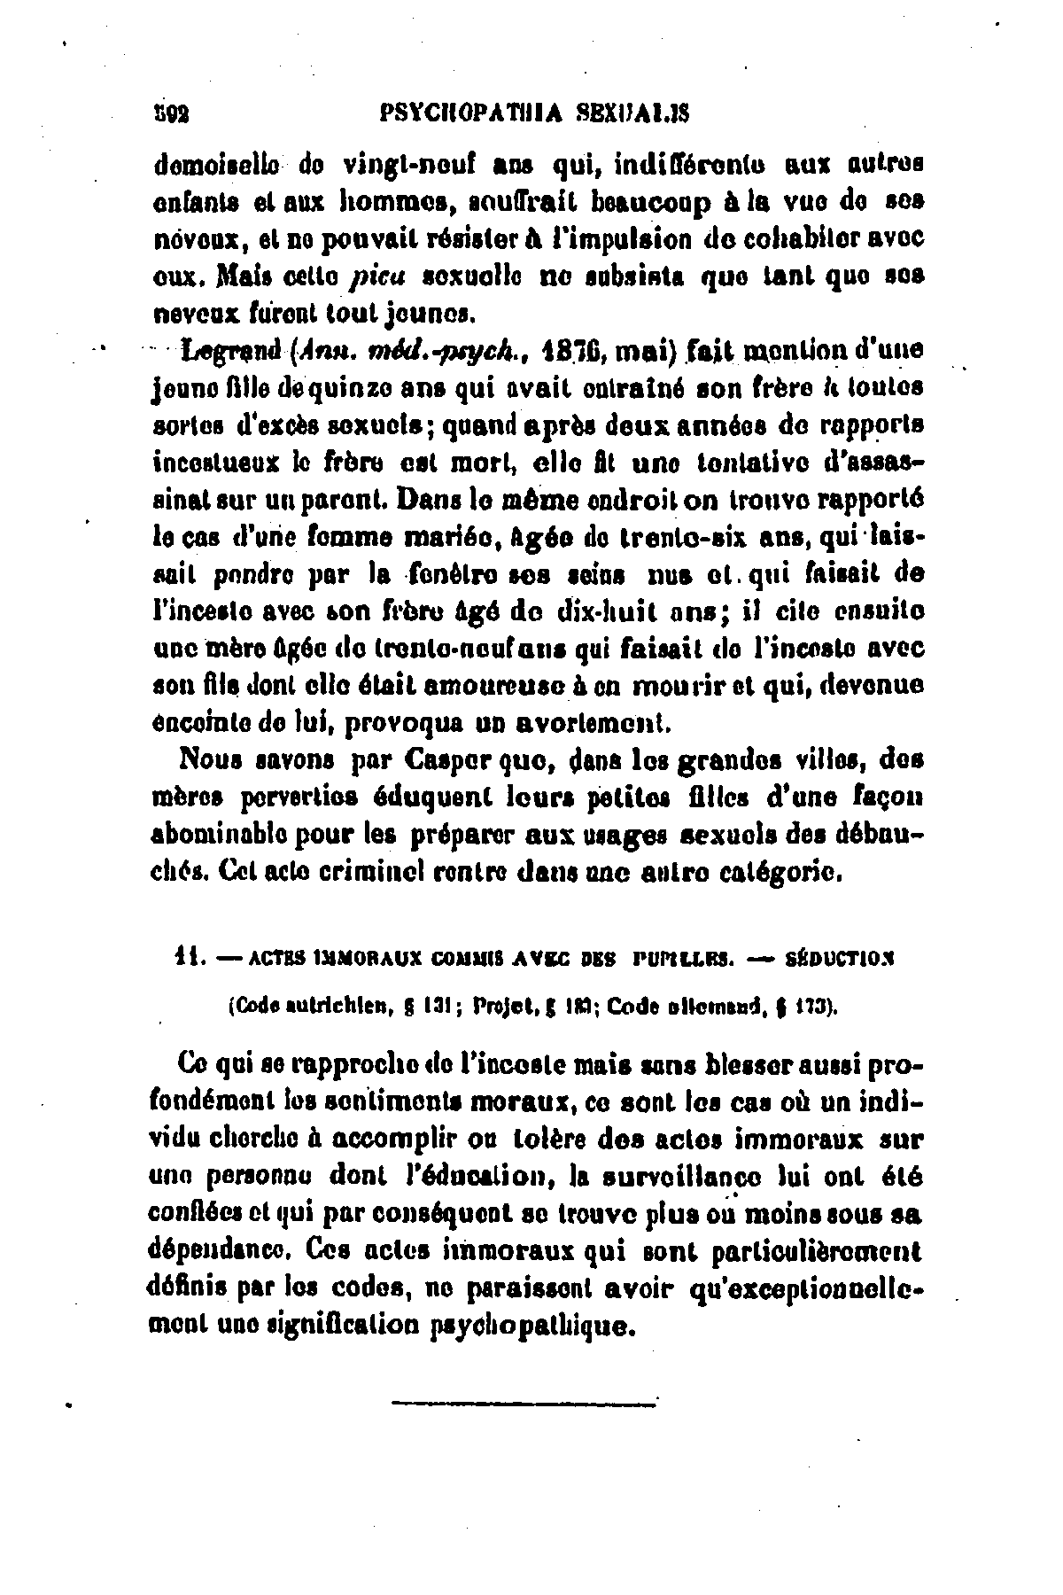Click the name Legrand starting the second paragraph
point(226,353)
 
